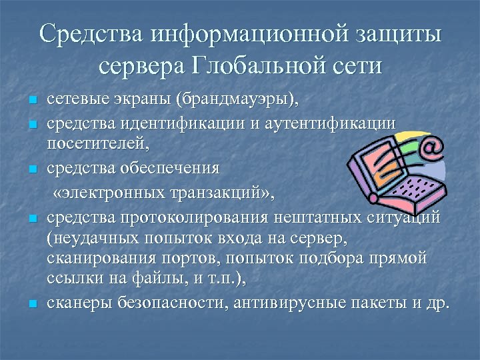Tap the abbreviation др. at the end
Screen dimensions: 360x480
point(437,303)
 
